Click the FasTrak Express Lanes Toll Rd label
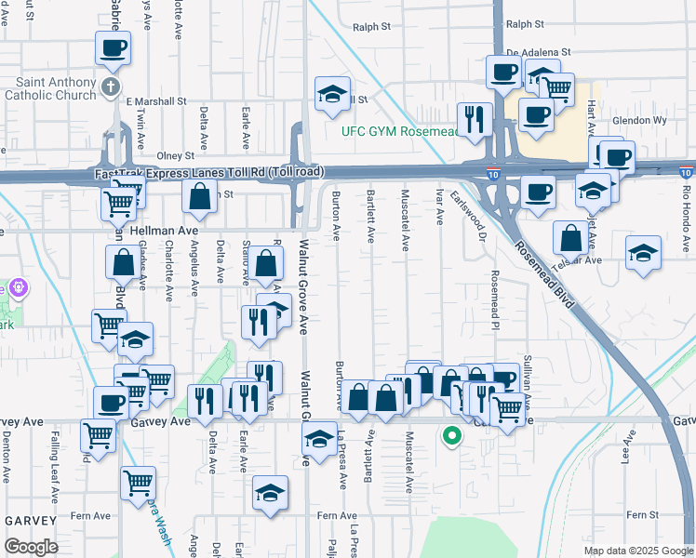click(209, 173)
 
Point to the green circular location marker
click(452, 435)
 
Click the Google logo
click(32, 547)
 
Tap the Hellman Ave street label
click(168, 230)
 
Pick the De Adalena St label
click(538, 54)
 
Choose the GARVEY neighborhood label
click(31, 520)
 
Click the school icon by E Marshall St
click(331, 95)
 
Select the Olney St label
click(175, 155)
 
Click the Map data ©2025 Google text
click(638, 551)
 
